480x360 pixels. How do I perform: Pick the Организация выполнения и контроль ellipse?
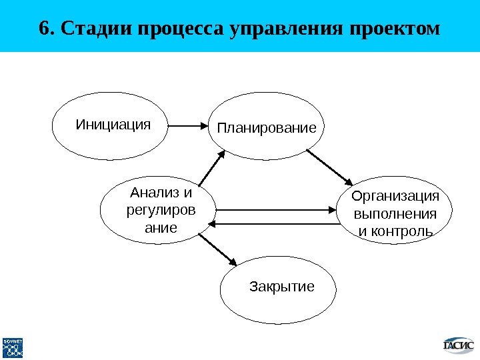[x=396, y=212]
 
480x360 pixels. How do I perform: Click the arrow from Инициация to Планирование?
[x=189, y=125]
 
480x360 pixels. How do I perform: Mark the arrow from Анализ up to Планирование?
[x=213, y=169]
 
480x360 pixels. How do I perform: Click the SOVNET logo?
[x=13, y=347]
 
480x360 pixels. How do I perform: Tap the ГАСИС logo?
[x=459, y=345]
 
